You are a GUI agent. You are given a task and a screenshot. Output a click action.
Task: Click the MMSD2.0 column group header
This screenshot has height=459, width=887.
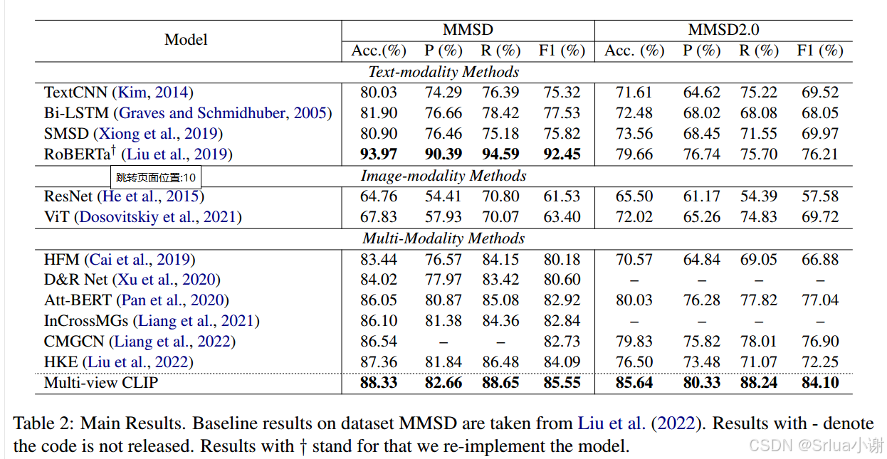(723, 30)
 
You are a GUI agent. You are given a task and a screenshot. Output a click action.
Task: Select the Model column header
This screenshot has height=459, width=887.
(186, 40)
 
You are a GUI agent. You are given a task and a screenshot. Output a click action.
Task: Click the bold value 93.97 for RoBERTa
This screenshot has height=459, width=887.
(379, 154)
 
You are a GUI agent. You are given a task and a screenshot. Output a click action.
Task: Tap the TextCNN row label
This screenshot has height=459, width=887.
(75, 93)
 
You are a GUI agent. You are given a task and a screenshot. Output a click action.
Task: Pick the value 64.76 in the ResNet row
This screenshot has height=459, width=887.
(379, 196)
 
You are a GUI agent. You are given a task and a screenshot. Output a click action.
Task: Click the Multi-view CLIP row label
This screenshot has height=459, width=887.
(101, 383)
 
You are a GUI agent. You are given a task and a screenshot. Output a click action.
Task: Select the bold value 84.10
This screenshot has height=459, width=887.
(820, 383)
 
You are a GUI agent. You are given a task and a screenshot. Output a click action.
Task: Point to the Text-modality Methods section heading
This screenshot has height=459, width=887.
(443, 72)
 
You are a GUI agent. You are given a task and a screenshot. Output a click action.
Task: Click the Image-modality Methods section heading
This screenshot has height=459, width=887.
(443, 176)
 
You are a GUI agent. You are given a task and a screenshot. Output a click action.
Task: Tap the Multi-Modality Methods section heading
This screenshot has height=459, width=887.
(443, 238)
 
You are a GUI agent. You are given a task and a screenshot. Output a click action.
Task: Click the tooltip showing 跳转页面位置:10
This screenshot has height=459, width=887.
(156, 177)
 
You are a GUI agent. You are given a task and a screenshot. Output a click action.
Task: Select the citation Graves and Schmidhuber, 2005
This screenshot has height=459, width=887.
(223, 113)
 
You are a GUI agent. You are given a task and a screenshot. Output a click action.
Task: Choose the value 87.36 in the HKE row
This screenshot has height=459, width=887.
(379, 362)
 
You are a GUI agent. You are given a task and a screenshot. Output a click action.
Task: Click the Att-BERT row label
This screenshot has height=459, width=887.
(78, 300)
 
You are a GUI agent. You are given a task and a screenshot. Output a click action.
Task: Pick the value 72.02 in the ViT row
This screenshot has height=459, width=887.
(634, 217)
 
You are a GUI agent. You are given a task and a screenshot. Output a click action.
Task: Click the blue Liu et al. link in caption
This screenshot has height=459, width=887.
(612, 423)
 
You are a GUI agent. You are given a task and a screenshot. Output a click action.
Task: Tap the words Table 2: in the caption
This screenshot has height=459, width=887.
(43, 423)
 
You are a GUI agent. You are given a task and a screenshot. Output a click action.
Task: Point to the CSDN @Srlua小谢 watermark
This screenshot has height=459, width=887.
(817, 445)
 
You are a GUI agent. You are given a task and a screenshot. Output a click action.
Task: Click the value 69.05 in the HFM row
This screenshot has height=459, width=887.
(758, 260)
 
